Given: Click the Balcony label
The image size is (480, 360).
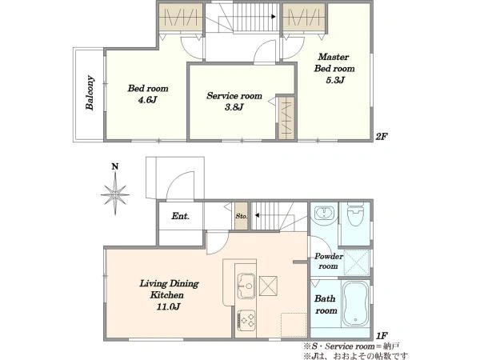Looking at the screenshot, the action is point(90,93).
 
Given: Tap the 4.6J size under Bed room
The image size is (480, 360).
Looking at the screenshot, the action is point(148,100).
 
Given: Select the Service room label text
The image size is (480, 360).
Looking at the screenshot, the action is point(234,96).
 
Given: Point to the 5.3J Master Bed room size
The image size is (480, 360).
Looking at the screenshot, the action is point(335,80).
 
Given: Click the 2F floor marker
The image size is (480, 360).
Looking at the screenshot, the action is point(382,137).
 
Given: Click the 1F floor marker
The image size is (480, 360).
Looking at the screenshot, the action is point(382,336).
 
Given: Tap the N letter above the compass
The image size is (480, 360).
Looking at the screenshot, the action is point(115,167).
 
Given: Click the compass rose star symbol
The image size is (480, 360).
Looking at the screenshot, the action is point(115,194).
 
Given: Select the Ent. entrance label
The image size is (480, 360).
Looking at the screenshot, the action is point(180,216).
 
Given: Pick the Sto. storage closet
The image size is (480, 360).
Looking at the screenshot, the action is point(242,216).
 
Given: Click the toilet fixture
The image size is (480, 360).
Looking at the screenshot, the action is point(355,214).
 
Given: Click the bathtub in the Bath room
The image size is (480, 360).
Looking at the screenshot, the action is point(355,304).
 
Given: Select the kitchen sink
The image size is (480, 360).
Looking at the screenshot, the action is point(246,286).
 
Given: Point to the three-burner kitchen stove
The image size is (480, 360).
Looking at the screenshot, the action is point(246,320).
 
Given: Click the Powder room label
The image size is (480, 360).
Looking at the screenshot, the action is point(329,261).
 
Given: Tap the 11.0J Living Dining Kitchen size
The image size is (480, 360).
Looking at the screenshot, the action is point(168,306).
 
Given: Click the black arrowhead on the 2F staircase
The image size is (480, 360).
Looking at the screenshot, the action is point(274,17).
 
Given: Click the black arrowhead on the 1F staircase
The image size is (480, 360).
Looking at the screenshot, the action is point(257,215).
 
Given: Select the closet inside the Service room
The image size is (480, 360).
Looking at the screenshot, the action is point(286,118).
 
